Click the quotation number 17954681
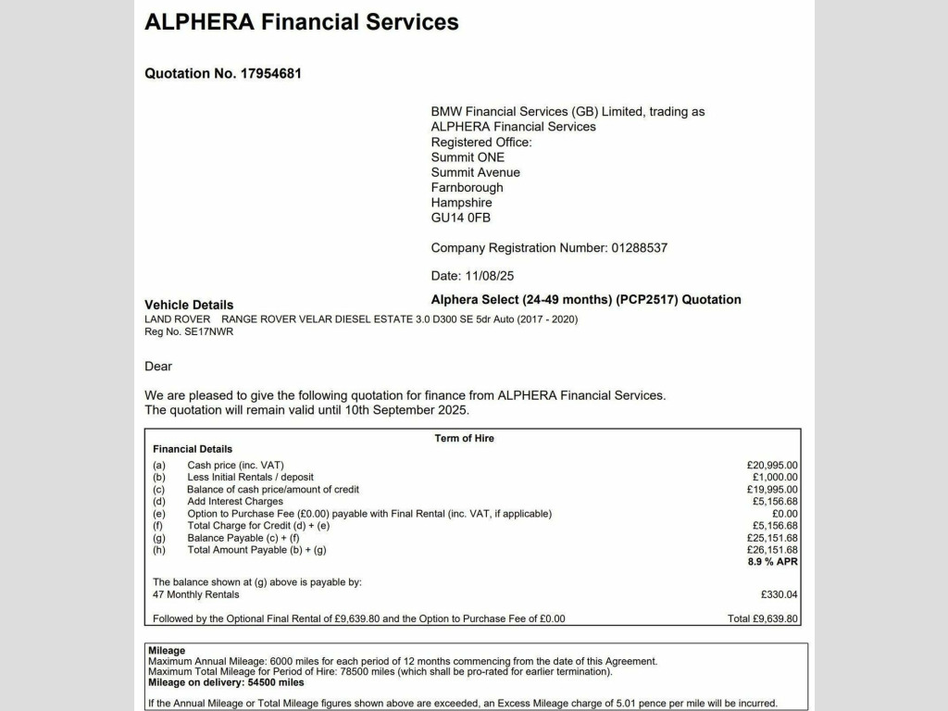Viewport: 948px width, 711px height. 271,73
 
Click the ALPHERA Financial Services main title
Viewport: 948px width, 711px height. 302,22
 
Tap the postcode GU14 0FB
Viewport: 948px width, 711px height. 461,218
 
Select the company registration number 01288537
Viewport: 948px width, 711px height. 639,248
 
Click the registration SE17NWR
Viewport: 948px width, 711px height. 209,331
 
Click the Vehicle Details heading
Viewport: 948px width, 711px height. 189,305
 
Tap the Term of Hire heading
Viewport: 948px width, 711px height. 464,438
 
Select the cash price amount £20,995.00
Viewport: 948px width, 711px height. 772,466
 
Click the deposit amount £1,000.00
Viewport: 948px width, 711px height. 775,478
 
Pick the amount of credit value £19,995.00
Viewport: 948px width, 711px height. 772,490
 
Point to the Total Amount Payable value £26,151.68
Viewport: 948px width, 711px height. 772,550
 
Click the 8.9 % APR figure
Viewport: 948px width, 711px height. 772,562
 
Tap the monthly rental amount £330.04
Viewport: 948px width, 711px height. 779,594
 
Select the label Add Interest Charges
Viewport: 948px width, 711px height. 235,502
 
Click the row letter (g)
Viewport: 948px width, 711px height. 159,538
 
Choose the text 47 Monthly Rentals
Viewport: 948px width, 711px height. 195,594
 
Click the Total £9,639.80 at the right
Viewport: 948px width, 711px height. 763,618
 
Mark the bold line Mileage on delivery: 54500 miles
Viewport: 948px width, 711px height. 226,682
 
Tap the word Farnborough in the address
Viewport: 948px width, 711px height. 467,187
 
